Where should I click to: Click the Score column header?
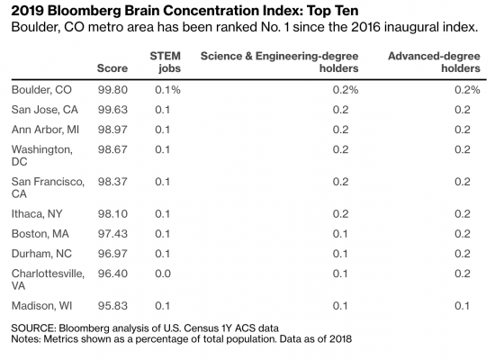112,68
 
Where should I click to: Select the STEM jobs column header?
165,62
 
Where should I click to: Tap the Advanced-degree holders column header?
434,62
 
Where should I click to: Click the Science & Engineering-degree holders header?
279,62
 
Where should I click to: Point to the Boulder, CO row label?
41,90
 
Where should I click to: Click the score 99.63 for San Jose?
112,110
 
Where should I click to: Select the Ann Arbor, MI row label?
45,130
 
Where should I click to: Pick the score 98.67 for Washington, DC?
112,149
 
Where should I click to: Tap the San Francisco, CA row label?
48,187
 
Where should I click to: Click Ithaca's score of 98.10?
112,214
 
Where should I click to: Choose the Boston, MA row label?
40,234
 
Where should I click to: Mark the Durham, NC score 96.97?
112,254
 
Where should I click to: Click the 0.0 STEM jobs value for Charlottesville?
163,274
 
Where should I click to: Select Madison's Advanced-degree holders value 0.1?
463,306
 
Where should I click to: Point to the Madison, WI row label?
41,306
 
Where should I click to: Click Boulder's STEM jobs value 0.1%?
167,90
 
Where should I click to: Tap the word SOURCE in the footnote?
33,328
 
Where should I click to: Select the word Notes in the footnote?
26,339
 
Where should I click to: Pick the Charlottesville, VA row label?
48,280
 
